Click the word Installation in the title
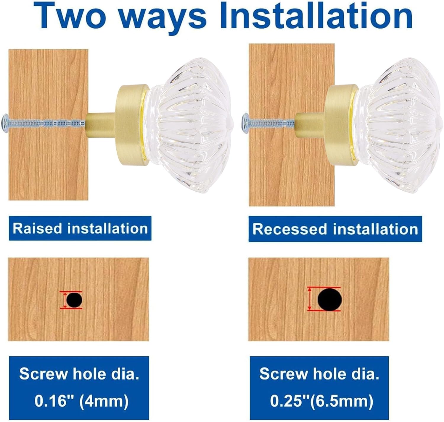(316, 16)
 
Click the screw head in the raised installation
(5, 123)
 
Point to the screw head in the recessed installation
(245, 123)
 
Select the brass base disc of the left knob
(132, 125)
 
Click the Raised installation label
(80, 228)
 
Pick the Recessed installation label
(335, 229)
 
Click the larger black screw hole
(329, 299)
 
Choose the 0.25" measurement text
(290, 401)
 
